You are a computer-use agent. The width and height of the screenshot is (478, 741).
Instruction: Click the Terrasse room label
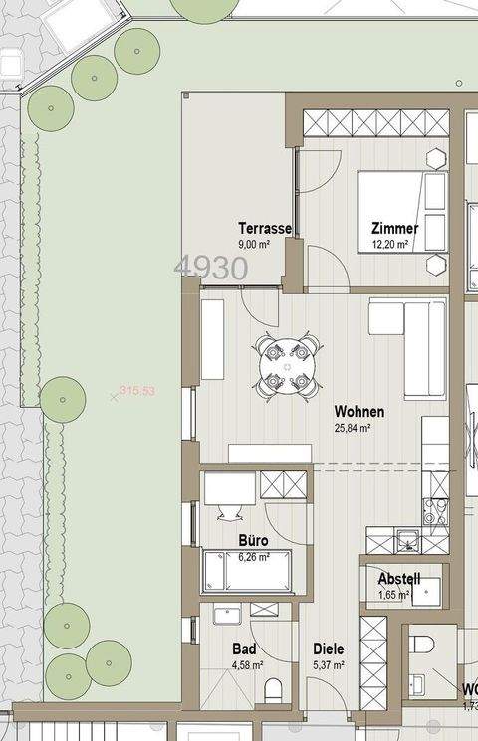[265, 228]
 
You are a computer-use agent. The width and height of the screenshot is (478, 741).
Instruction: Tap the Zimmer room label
[394, 228]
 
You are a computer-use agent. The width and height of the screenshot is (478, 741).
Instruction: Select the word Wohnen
[358, 411]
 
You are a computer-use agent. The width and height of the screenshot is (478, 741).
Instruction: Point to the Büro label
[253, 541]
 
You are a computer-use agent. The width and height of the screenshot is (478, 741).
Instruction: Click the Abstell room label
[399, 580]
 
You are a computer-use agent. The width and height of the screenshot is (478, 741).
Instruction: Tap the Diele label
[328, 648]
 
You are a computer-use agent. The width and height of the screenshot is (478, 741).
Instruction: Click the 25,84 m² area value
[353, 429]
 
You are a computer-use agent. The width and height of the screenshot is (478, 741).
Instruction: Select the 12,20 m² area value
[390, 244]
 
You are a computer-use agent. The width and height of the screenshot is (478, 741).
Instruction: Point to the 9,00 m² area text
[255, 244]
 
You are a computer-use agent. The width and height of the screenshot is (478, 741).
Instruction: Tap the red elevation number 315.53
[137, 391]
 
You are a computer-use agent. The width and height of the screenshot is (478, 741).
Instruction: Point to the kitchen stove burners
[435, 511]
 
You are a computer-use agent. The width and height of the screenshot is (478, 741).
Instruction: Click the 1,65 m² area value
[395, 596]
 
